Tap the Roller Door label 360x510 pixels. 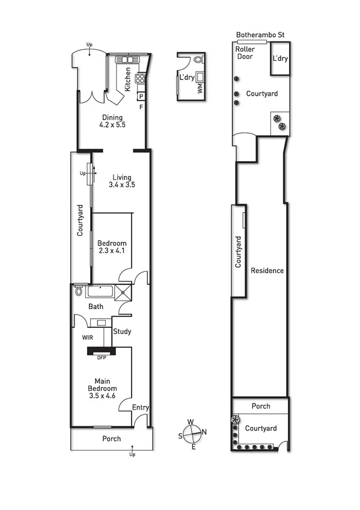click(x=245, y=53)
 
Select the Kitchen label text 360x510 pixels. click(x=127, y=79)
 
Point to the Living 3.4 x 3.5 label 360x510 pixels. click(x=122, y=181)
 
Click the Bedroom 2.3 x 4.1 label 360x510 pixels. click(x=113, y=247)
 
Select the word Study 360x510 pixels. click(x=122, y=331)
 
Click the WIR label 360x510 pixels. click(x=88, y=338)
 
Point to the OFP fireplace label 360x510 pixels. click(x=101, y=358)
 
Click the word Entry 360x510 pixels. click(x=141, y=408)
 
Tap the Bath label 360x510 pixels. click(x=96, y=307)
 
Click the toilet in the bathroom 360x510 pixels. click(x=79, y=292)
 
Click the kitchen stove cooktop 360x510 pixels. click(x=141, y=78)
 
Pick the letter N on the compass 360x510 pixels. click(x=204, y=431)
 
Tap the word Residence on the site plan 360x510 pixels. click(x=267, y=271)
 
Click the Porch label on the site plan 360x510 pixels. click(x=261, y=407)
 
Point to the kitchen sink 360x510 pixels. click(x=127, y=60)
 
